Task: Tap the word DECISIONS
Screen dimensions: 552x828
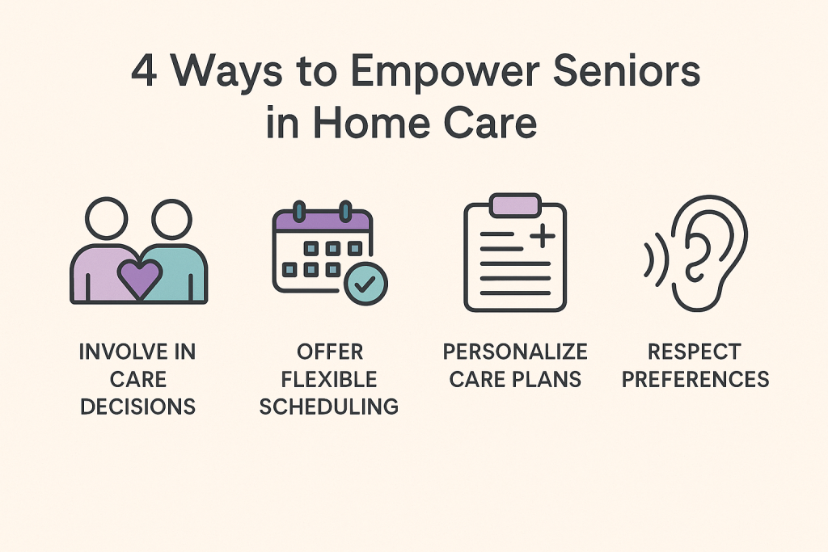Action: [x=137, y=406]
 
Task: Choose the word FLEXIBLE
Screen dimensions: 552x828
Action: [x=328, y=379]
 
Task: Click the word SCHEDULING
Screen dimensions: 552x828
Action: [x=328, y=406]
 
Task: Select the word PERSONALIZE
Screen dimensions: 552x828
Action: [x=515, y=352]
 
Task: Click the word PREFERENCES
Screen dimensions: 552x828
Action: [x=695, y=379]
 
